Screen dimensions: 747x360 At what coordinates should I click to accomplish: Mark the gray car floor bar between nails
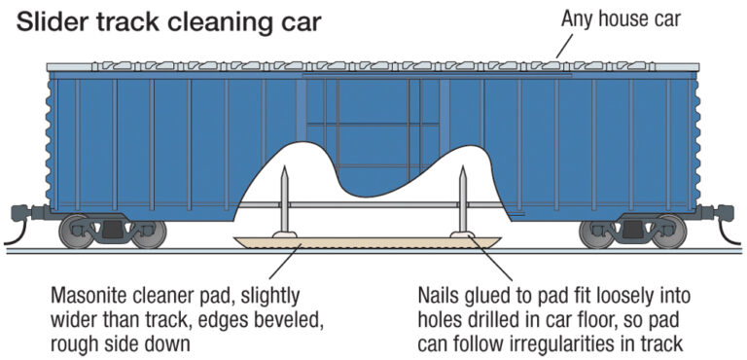[x=370, y=204]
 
